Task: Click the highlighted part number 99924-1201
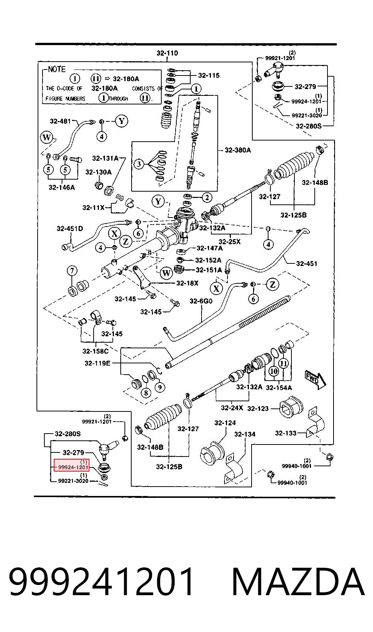[73, 467]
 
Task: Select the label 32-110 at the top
[167, 53]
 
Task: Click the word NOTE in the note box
[56, 69]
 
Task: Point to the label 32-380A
[238, 150]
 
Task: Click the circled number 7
[72, 271]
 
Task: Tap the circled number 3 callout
[139, 164]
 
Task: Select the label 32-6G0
[201, 301]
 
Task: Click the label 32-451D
[70, 228]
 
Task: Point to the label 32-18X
[187, 283]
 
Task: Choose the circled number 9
[160, 387]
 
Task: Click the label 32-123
[258, 408]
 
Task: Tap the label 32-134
[245, 434]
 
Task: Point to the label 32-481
[60, 121]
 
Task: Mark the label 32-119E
[97, 363]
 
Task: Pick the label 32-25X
[230, 242]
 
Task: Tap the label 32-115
[209, 75]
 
